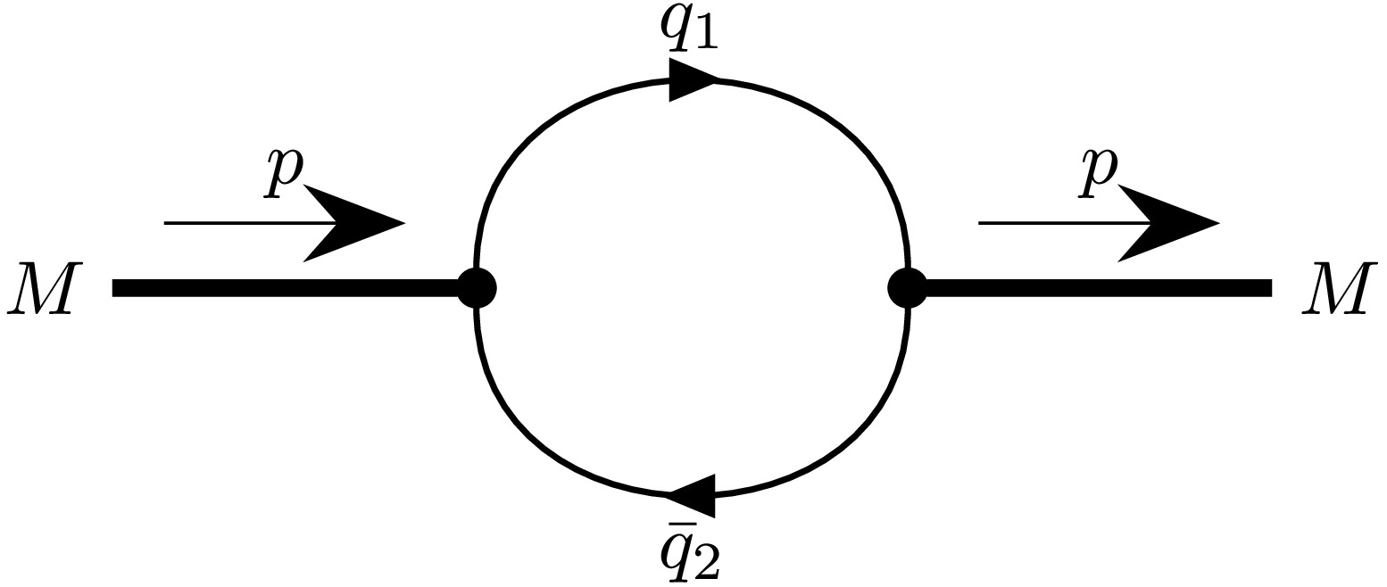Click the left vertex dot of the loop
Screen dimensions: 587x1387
tap(477, 288)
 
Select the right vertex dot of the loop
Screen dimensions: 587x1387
tap(908, 288)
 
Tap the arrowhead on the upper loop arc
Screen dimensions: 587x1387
tap(691, 80)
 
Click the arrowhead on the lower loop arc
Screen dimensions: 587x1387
tap(693, 493)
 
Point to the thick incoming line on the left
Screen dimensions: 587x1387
tap(286, 288)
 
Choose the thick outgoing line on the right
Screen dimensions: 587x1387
tap(1098, 288)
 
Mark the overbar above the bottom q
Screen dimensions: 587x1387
tap(684, 525)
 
